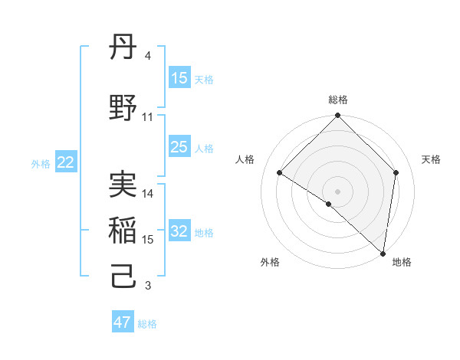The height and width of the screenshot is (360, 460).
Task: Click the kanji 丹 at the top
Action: (123, 51)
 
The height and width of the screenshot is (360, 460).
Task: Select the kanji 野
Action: (123, 108)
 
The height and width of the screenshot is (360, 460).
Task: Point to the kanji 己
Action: (123, 277)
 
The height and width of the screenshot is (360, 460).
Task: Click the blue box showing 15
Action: (179, 78)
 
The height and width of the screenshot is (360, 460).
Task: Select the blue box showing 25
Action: (179, 147)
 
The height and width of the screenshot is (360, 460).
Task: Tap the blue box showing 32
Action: (179, 232)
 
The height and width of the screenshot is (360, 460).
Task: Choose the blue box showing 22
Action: (66, 162)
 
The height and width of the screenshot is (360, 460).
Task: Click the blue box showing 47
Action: (123, 322)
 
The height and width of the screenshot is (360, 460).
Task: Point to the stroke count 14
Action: (148, 194)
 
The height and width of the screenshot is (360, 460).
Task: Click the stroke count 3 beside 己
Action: (148, 286)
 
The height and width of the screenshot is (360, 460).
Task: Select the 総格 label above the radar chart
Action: (337, 100)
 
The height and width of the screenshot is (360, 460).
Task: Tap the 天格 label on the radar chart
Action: (431, 159)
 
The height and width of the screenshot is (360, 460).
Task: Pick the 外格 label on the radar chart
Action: (270, 263)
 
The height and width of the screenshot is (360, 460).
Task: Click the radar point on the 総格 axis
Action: (337, 116)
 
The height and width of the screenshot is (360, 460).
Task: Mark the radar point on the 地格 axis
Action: (383, 253)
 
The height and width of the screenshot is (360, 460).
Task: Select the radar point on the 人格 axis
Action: (280, 173)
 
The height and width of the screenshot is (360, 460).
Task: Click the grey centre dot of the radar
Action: (337, 191)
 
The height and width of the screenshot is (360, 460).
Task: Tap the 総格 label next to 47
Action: (147, 324)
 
